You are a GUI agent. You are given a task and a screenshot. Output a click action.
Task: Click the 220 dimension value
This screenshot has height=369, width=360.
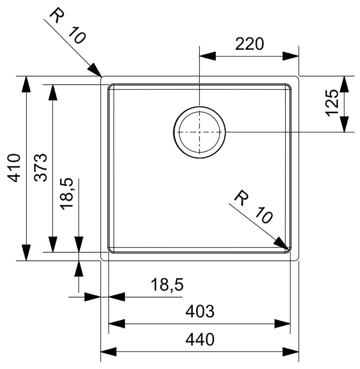click(x=249, y=45)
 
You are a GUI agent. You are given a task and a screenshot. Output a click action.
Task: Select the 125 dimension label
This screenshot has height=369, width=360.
click(x=332, y=103)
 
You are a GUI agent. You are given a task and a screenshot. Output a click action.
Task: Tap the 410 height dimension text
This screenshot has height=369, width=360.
click(x=16, y=168)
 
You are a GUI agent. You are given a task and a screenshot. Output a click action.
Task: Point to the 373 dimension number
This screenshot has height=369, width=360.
click(x=42, y=168)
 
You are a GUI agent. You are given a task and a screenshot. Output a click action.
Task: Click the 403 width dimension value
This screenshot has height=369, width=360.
click(x=200, y=311)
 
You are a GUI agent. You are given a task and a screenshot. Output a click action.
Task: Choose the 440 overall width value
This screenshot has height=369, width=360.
click(x=200, y=340)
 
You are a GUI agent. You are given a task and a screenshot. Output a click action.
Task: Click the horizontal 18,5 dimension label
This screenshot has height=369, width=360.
click(x=167, y=285)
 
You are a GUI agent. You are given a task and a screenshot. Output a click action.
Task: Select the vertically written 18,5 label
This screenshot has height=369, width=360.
click(x=68, y=193)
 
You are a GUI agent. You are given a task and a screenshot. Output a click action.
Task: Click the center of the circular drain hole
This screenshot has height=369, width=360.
click(x=199, y=132)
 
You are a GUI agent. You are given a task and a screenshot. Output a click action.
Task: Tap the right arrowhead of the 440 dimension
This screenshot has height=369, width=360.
click(x=291, y=351)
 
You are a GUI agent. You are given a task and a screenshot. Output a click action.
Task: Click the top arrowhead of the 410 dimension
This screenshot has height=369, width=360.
click(x=26, y=84)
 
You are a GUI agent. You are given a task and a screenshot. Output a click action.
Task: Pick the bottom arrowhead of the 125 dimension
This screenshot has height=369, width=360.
click(x=344, y=124)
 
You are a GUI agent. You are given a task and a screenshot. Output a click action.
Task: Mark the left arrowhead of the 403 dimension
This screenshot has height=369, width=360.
click(x=117, y=323)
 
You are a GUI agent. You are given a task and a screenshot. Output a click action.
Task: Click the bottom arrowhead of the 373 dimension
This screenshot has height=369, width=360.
click(x=53, y=244)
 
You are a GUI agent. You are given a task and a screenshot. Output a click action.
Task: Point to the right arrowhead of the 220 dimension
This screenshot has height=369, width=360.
click(x=290, y=56)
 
